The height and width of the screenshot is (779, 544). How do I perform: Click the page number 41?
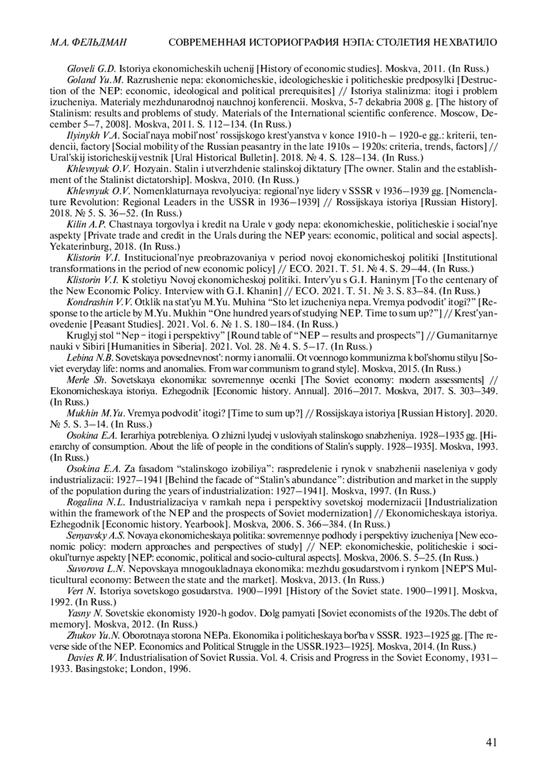[491, 742]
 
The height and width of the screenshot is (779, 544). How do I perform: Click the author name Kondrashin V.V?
[92, 302]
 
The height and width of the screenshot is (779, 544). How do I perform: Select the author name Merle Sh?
[82, 380]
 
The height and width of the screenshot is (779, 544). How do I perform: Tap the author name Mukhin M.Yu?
[96, 413]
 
